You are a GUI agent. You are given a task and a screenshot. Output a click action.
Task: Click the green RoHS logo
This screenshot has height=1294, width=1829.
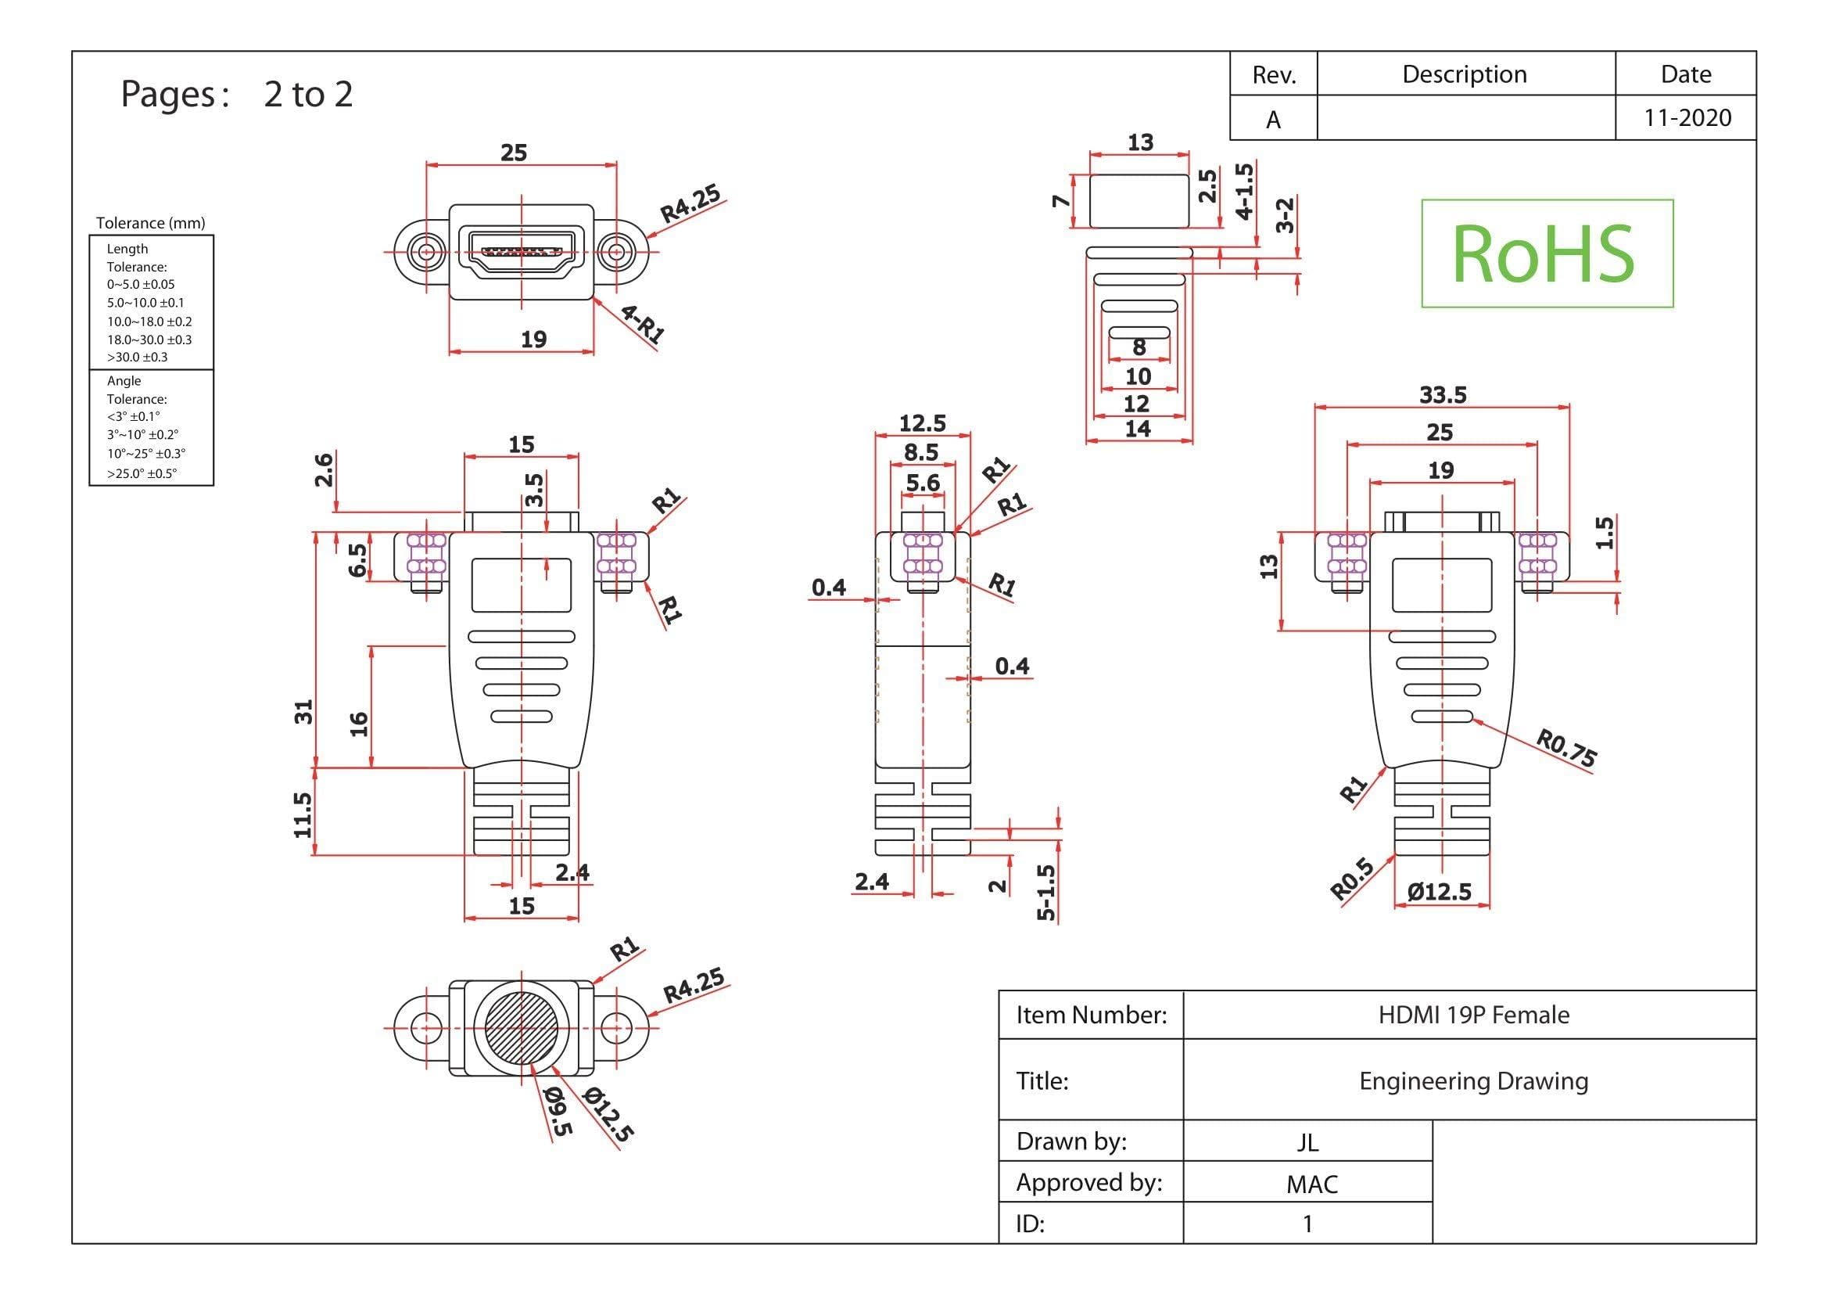point(1546,253)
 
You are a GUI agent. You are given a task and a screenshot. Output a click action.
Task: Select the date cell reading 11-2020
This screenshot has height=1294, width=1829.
point(1687,118)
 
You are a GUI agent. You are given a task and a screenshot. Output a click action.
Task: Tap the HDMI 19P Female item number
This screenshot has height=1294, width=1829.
point(1474,1015)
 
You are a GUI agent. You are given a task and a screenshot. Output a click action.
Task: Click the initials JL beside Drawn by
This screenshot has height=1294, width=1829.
point(1307,1142)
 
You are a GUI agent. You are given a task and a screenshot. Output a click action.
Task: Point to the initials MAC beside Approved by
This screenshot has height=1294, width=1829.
point(1311,1184)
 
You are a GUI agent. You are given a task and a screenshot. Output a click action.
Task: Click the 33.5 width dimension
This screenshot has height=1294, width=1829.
point(1443,394)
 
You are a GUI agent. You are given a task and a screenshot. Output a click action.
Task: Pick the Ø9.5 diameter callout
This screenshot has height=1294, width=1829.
point(557,1112)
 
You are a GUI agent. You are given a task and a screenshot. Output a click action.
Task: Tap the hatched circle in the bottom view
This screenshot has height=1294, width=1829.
point(521,1028)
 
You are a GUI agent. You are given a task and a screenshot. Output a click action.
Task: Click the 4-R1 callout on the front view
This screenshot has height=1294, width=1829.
point(642,325)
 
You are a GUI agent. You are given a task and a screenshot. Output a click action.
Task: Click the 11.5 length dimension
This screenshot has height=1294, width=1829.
point(302,814)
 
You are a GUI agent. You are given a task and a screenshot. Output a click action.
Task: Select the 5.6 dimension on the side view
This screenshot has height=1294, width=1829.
point(923,483)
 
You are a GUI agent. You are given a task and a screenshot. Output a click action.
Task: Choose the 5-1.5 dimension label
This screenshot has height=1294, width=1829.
point(1046,893)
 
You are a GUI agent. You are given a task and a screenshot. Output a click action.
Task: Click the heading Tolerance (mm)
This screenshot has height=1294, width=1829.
point(151,223)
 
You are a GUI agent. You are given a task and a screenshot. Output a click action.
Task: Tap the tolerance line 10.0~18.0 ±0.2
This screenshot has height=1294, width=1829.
point(150,321)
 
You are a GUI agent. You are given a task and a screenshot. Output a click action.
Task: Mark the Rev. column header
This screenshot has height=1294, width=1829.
point(1275,75)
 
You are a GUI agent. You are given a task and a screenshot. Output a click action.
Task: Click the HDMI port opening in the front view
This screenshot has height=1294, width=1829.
point(521,251)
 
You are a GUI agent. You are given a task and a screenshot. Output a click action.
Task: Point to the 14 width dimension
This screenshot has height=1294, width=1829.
point(1138,429)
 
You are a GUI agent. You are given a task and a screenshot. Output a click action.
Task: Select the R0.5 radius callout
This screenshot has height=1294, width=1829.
point(1352,879)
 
